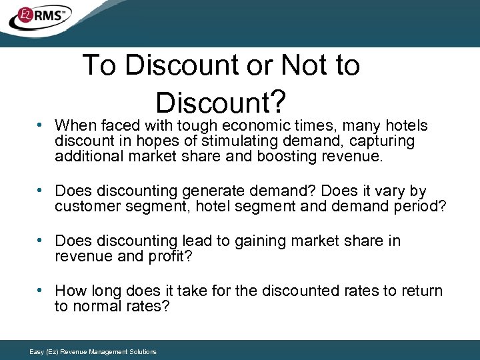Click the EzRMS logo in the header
[40, 18]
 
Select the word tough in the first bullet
[197, 125]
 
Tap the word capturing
[381, 141]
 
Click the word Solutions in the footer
[143, 351]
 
